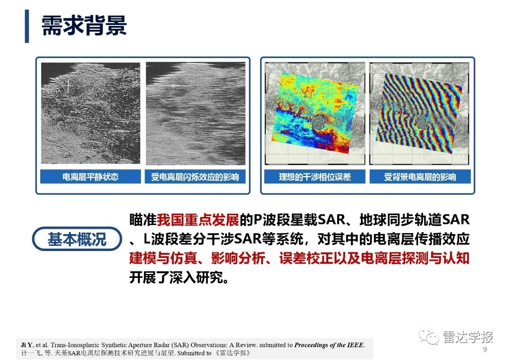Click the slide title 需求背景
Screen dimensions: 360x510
(84, 25)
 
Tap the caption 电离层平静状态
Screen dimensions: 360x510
(90, 177)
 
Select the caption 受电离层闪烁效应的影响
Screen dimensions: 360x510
(195, 177)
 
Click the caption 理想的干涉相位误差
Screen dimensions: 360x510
(315, 177)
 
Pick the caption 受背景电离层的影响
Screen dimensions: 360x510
(420, 177)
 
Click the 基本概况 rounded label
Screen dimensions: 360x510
(77, 239)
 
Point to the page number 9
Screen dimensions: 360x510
(484, 350)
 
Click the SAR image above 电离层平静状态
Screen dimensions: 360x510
(90, 113)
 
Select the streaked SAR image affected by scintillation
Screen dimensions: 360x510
(195, 113)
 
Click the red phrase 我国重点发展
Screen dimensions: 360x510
(198, 220)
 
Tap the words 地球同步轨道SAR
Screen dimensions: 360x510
(415, 220)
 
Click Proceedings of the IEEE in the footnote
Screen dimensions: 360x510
(329, 344)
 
